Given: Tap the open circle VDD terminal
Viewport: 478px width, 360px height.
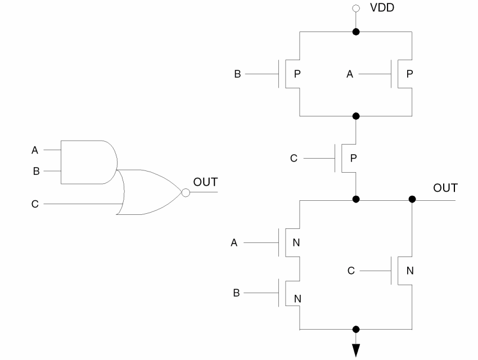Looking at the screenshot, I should click(x=356, y=9).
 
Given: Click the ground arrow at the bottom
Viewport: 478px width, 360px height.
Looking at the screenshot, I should click(x=356, y=350).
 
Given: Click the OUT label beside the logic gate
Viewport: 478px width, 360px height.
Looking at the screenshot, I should click(x=205, y=182).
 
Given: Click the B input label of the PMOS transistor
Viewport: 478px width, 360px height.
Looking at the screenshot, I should click(x=238, y=74).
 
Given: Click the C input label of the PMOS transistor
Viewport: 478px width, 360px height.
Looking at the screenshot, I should click(x=294, y=158).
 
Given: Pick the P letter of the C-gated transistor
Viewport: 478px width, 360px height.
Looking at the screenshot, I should click(x=353, y=158).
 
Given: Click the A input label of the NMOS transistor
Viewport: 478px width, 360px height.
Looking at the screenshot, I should click(x=234, y=243).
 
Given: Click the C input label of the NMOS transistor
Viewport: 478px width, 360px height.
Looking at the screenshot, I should click(x=350, y=271).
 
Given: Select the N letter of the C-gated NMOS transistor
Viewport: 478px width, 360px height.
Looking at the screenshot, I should click(x=410, y=271).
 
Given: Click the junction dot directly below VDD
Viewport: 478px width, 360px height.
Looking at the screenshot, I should click(x=356, y=32).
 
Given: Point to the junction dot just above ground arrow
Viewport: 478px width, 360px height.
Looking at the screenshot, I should click(x=356, y=328).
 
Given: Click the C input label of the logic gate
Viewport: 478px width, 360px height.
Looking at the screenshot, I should click(x=35, y=204).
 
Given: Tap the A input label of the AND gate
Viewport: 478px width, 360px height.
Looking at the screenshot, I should click(x=35, y=151).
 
